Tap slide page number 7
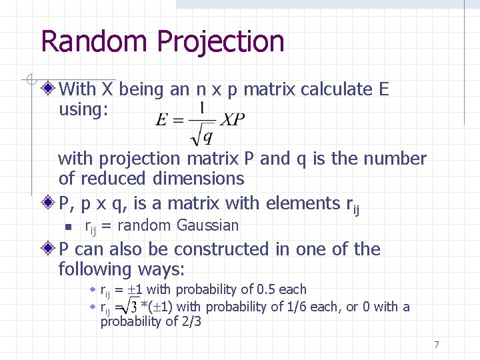click(436, 345)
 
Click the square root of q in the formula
click(202, 137)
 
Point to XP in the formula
click(233, 120)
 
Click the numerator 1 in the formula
click(201, 107)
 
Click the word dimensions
click(198, 179)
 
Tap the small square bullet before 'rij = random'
click(68, 226)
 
